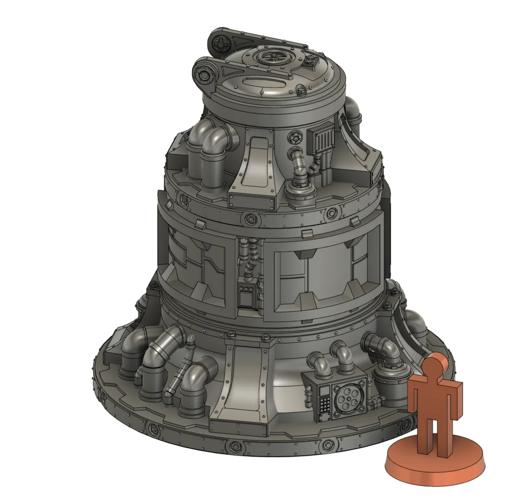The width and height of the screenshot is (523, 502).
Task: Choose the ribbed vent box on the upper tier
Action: (x=321, y=138)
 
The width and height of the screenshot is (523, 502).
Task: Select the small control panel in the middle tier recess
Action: (x=248, y=295)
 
